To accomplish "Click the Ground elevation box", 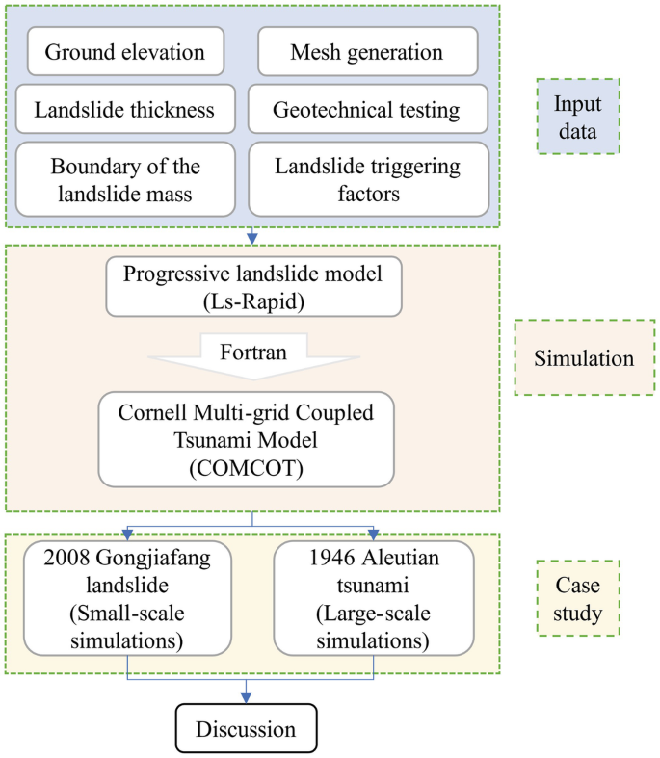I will click(125, 52).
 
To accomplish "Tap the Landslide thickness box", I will click(124, 110).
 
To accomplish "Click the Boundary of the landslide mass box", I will click(125, 179).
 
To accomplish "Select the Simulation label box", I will click(584, 359).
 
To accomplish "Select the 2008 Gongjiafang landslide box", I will click(128, 597).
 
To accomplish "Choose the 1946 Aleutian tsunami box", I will click(373, 597).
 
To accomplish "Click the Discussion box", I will click(247, 729).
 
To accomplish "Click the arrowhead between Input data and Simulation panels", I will click(252, 238).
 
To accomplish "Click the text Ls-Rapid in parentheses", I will click(252, 301).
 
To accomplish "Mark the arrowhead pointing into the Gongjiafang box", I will click(128, 535).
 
